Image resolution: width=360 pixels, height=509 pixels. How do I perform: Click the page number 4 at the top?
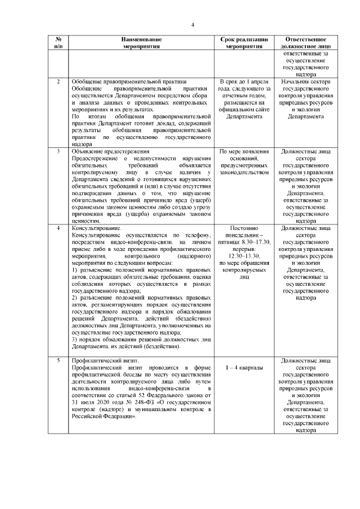192,25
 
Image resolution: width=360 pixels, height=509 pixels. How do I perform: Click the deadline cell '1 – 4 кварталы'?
244,367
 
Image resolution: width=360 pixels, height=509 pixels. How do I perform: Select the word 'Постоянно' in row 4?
244,228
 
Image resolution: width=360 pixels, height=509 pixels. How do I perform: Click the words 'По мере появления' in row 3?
244,152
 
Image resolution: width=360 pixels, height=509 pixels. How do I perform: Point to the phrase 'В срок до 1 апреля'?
244,82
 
